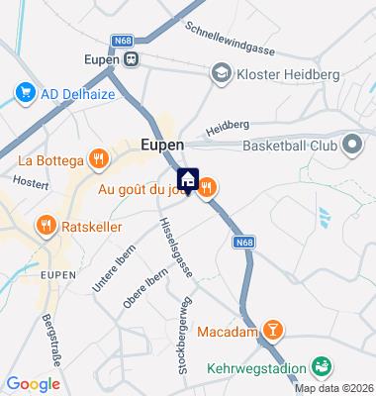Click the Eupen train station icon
pyautogui.click(x=131, y=57)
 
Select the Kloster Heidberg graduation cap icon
pyautogui.click(x=220, y=72)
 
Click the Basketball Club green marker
pyautogui.click(x=350, y=146)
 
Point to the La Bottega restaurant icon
pyautogui.click(x=98, y=158)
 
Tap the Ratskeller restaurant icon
pyautogui.click(x=45, y=225)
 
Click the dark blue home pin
pyautogui.click(x=185, y=178)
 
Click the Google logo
pyautogui.click(x=33, y=383)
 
